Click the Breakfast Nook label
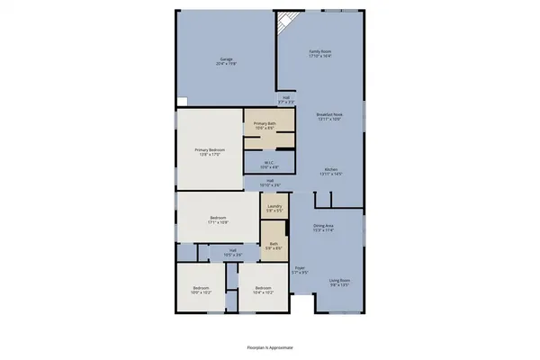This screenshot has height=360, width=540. pyautogui.click(x=328, y=116)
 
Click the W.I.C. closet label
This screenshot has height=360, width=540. pyautogui.click(x=268, y=165)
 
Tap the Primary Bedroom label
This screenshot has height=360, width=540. pyautogui.click(x=210, y=151)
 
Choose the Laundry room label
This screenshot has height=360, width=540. pyautogui.click(x=274, y=208)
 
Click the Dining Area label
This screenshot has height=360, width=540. pyautogui.click(x=324, y=229)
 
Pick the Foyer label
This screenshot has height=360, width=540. pyautogui.click(x=300, y=269)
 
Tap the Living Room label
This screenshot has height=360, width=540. pyautogui.click(x=339, y=282)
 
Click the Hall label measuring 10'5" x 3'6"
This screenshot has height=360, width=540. pyautogui.click(x=232, y=252)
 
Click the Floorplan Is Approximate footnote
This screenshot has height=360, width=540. pyautogui.click(x=270, y=346)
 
